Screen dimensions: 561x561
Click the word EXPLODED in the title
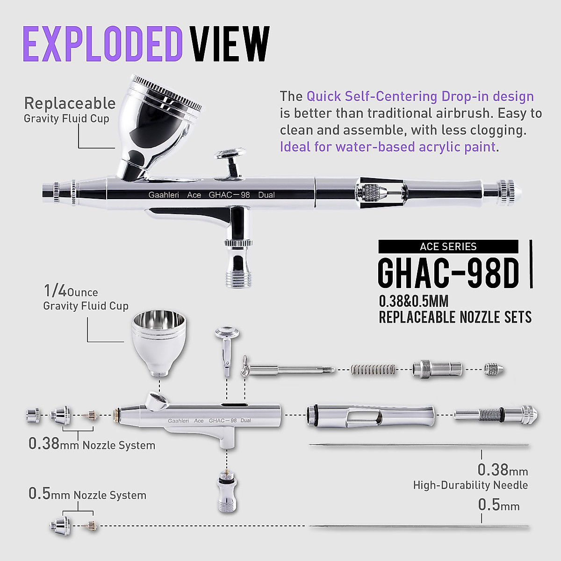pyautogui.click(x=102, y=44)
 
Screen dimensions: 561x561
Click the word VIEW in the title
pyautogui.click(x=230, y=44)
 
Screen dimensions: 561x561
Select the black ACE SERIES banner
pyautogui.click(x=448, y=246)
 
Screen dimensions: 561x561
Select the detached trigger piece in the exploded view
pyautogui.click(x=227, y=348)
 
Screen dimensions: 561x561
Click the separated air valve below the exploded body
pyautogui.click(x=227, y=491)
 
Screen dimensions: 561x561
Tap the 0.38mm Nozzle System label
pyautogui.click(x=92, y=444)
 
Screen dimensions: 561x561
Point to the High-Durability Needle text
pyautogui.click(x=470, y=485)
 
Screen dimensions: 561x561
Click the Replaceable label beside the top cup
pyautogui.click(x=70, y=103)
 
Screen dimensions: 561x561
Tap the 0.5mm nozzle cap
pyautogui.click(x=61, y=525)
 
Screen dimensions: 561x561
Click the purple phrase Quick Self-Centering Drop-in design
pyautogui.click(x=420, y=97)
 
